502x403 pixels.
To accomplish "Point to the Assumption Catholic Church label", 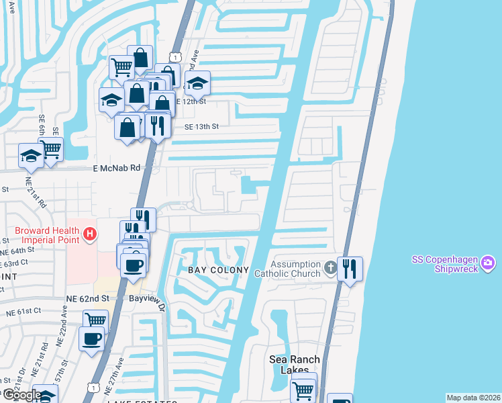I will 295,269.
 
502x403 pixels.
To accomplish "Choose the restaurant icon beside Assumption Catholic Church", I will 350,269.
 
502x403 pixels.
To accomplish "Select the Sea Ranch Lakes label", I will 295,365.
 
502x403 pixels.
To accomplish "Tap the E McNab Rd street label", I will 116,169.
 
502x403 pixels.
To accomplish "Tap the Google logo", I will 21,395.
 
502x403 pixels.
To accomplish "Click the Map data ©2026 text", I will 473,398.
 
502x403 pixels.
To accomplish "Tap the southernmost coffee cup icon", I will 91,339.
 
